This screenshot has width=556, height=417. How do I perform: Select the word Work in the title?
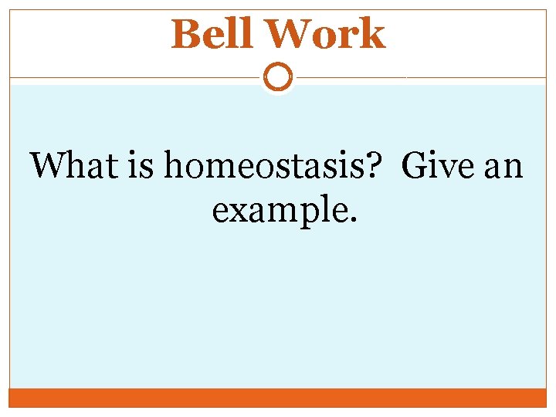325,35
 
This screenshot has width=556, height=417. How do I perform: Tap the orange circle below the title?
278,77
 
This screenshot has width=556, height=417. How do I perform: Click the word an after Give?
503,166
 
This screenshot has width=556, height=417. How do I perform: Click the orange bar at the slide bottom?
278,398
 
